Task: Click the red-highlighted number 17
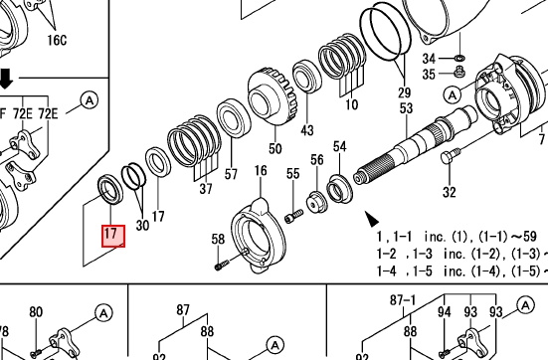[x=110, y=233]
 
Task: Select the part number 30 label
[x=142, y=225]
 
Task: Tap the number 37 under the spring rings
[x=206, y=189]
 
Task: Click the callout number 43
[x=307, y=130]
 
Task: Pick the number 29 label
[x=404, y=92]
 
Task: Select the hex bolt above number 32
[x=451, y=156]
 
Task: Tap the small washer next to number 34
[x=459, y=58]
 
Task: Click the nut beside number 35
[x=458, y=73]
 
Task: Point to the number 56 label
[x=317, y=160]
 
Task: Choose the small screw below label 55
[x=293, y=216]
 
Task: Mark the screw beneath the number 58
[x=221, y=265]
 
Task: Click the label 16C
[x=57, y=40]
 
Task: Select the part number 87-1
[x=403, y=300]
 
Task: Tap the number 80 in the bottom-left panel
[x=36, y=311]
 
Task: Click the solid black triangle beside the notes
[x=372, y=219]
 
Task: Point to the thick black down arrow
[x=5, y=79]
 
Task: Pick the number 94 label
[x=444, y=311]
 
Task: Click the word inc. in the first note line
[x=435, y=237]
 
